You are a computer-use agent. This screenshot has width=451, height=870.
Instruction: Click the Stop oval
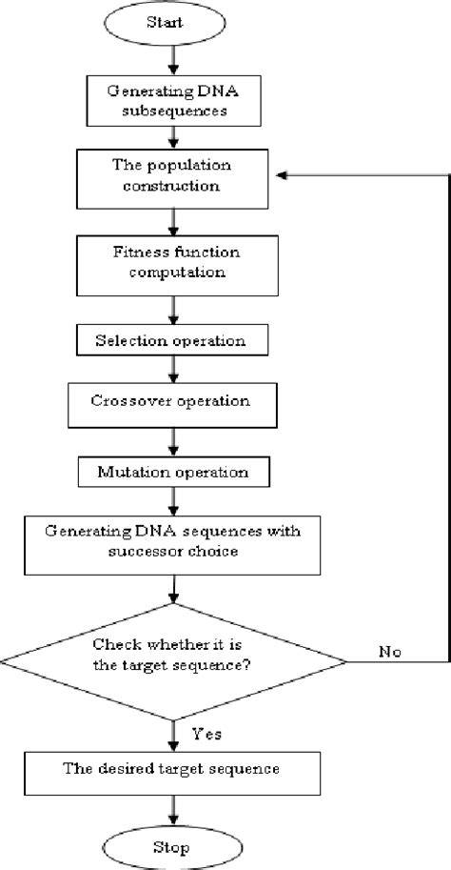click(172, 846)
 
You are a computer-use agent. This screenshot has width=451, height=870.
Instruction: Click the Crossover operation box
click(172, 402)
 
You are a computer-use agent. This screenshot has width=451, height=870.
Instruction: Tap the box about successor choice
click(172, 540)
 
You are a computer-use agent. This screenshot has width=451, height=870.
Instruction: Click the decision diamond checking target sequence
click(172, 658)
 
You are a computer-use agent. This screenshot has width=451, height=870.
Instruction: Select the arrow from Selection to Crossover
click(172, 369)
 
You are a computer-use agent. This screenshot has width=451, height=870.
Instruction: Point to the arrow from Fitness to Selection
click(172, 313)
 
